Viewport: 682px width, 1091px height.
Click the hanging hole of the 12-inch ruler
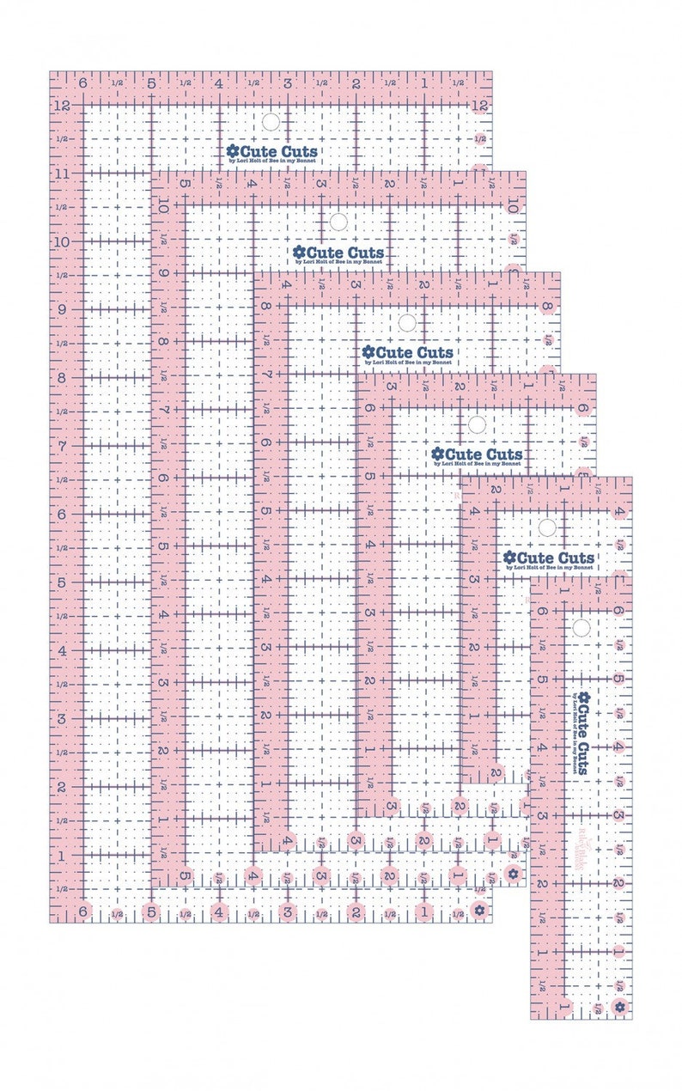coord(271,121)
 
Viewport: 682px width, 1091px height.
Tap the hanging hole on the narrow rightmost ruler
coord(582,628)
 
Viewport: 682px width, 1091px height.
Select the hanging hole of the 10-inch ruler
coord(338,222)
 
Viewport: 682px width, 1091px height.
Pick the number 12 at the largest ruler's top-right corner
coord(479,105)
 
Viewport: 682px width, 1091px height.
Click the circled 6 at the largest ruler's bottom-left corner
coord(82,910)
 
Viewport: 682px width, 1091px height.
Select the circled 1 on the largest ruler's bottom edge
coord(423,910)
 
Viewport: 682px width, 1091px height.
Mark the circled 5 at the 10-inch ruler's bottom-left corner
coord(185,875)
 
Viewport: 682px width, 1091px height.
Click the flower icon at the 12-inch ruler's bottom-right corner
coord(480,910)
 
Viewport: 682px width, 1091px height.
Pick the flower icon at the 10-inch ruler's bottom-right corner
coord(514,875)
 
